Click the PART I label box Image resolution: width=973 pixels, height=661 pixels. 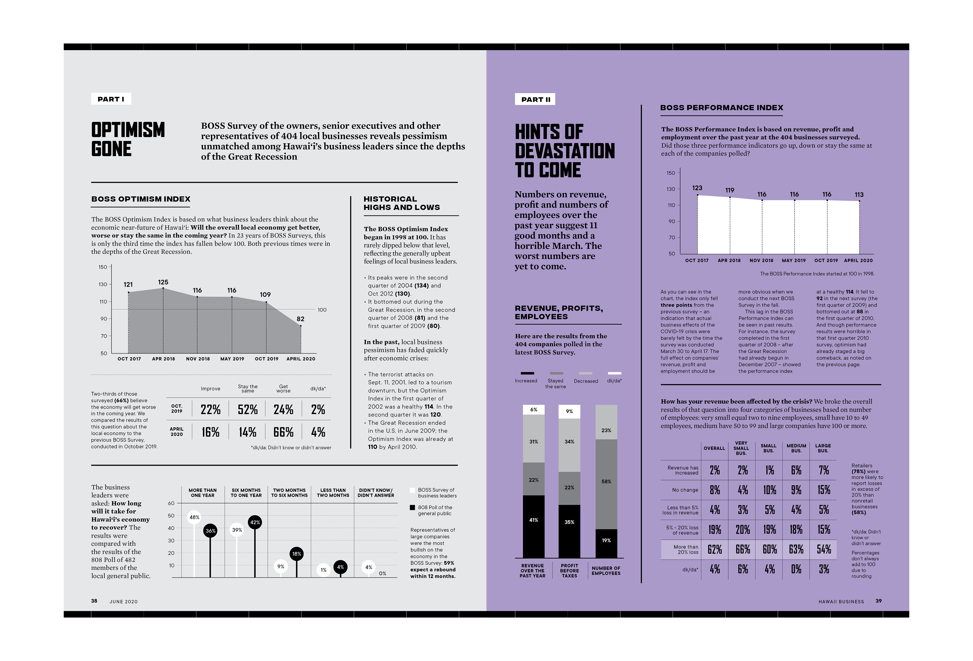pos(111,99)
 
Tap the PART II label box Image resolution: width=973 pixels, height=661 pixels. pos(535,99)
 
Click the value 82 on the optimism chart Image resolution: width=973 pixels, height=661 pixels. pos(300,319)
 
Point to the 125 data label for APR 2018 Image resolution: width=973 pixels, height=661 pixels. pos(163,282)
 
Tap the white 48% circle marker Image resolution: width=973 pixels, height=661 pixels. pos(194,517)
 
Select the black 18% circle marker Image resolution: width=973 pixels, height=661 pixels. pos(296,554)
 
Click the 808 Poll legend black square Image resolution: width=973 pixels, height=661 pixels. pos(413,508)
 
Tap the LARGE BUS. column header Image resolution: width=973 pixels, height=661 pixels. pos(823,448)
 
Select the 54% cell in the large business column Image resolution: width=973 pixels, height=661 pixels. pos(824,550)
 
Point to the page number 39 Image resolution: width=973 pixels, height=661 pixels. pos(878,601)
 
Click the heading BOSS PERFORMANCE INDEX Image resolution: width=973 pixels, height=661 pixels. pos(721,108)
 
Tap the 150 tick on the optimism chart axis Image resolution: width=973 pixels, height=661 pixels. pos(103,267)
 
